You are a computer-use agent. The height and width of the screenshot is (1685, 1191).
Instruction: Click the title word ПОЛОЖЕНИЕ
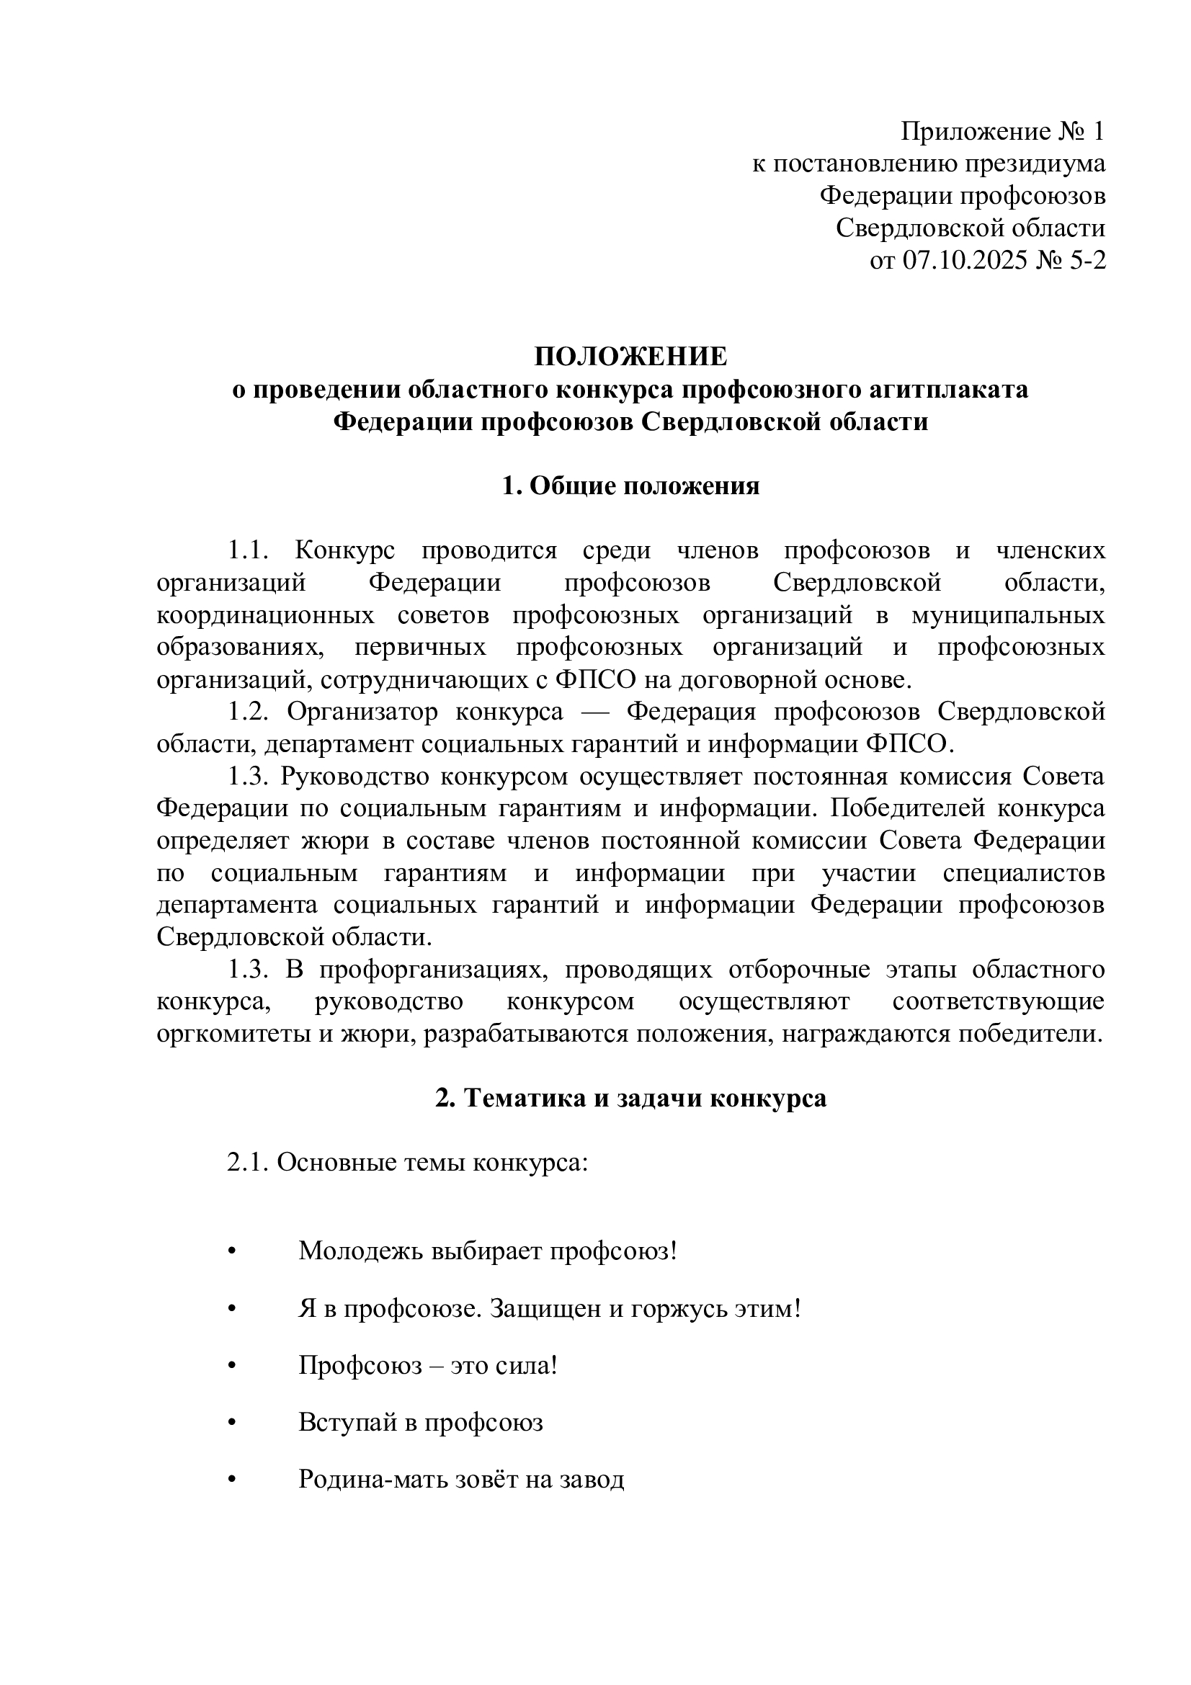click(x=630, y=357)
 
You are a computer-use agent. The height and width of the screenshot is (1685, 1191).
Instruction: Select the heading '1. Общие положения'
click(x=630, y=486)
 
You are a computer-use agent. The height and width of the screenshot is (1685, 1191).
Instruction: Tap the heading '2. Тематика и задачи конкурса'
click(x=630, y=1098)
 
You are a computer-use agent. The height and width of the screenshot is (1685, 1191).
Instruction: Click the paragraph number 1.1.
click(x=249, y=550)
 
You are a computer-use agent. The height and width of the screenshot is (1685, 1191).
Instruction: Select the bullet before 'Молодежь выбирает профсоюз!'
click(x=233, y=1253)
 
